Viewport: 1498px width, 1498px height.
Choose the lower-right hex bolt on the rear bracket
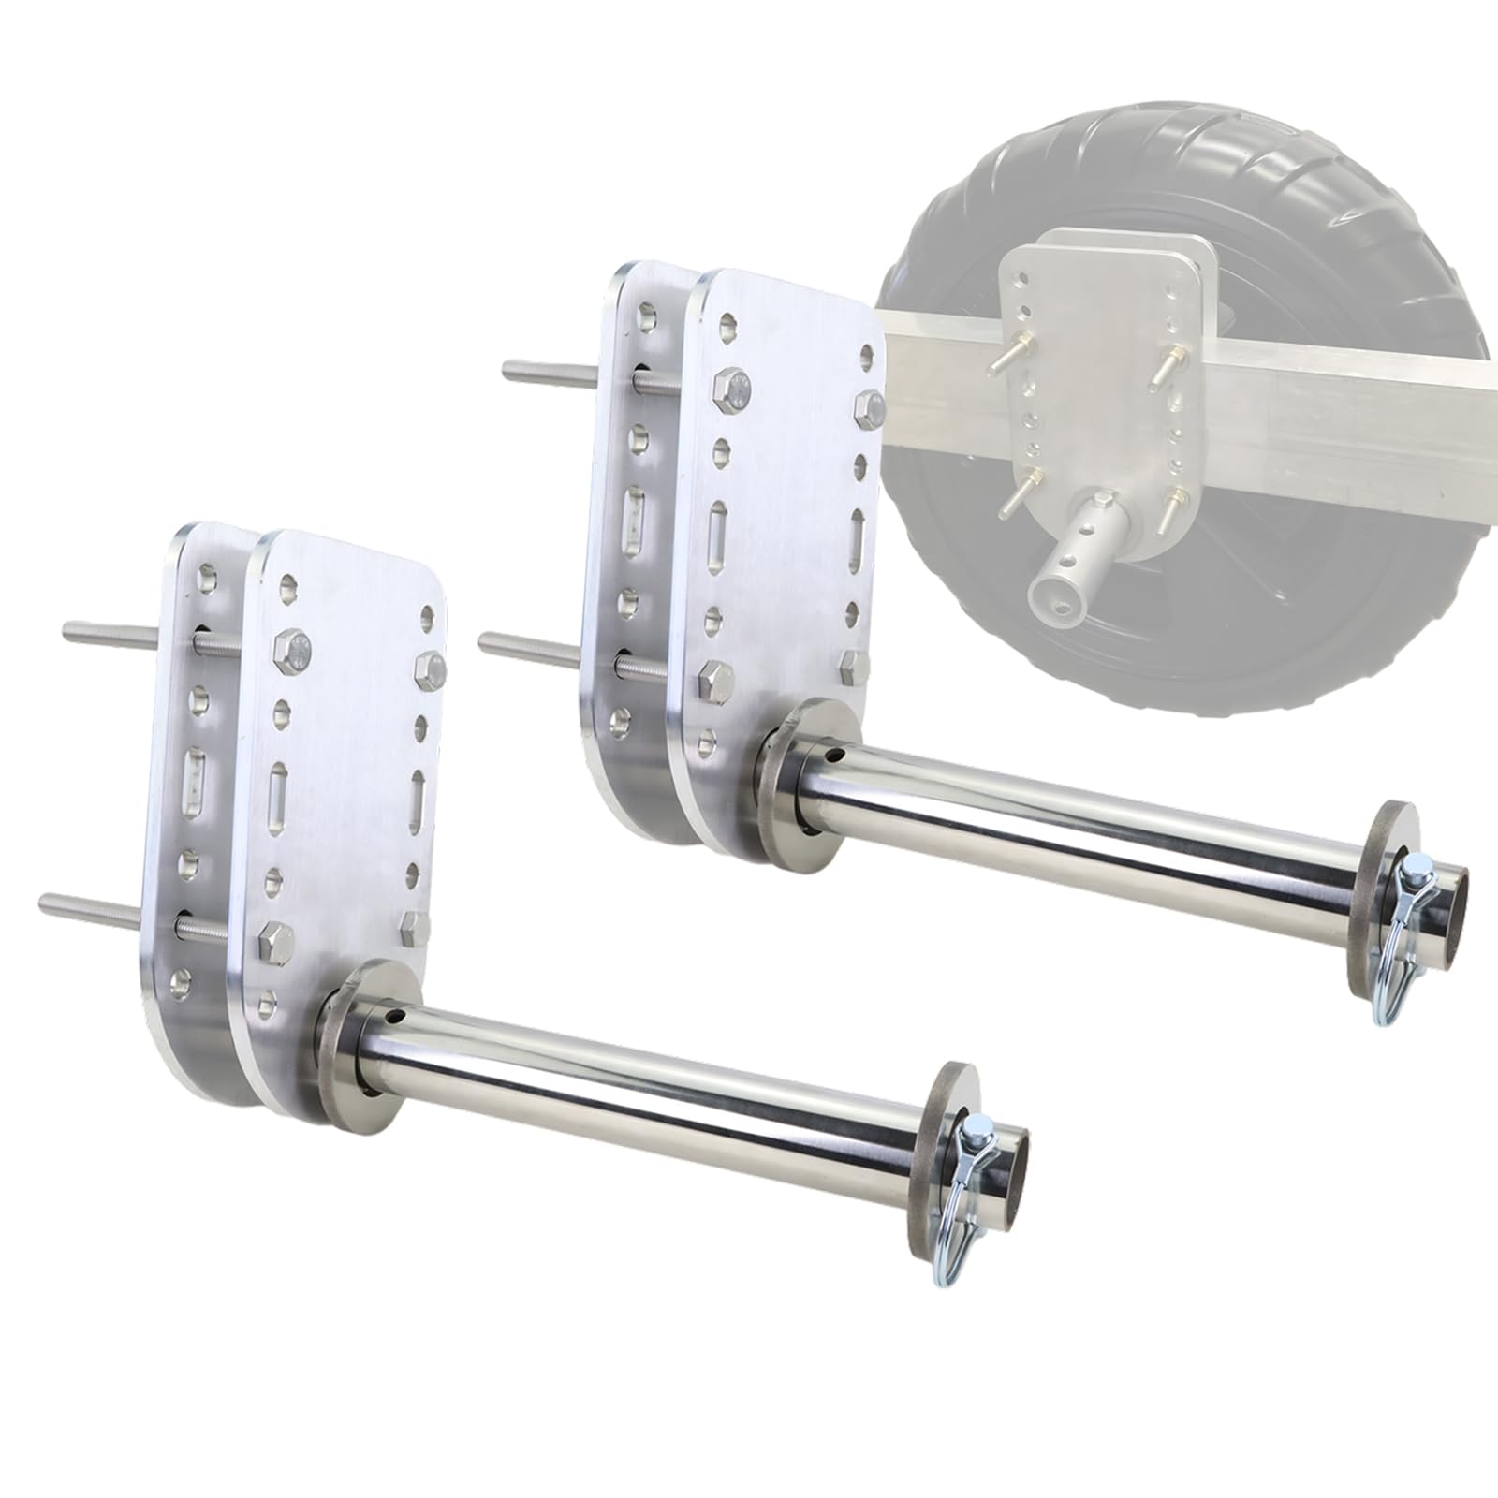[x=854, y=667]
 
